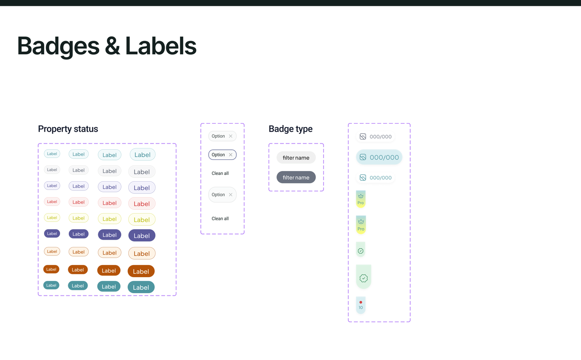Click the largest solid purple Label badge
141,235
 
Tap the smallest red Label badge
52,202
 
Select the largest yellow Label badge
141,219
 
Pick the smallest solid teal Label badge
51,285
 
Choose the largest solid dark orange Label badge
141,271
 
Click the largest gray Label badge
141,172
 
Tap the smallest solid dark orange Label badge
51,269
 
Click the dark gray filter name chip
296,177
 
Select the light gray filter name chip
296,157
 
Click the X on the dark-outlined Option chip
230,155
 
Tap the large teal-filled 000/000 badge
379,157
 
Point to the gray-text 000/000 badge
376,137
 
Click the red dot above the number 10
361,302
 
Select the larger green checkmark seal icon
364,278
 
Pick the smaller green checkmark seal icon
361,250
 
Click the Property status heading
68,129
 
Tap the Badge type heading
290,129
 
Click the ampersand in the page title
112,46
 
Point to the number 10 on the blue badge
361,308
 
